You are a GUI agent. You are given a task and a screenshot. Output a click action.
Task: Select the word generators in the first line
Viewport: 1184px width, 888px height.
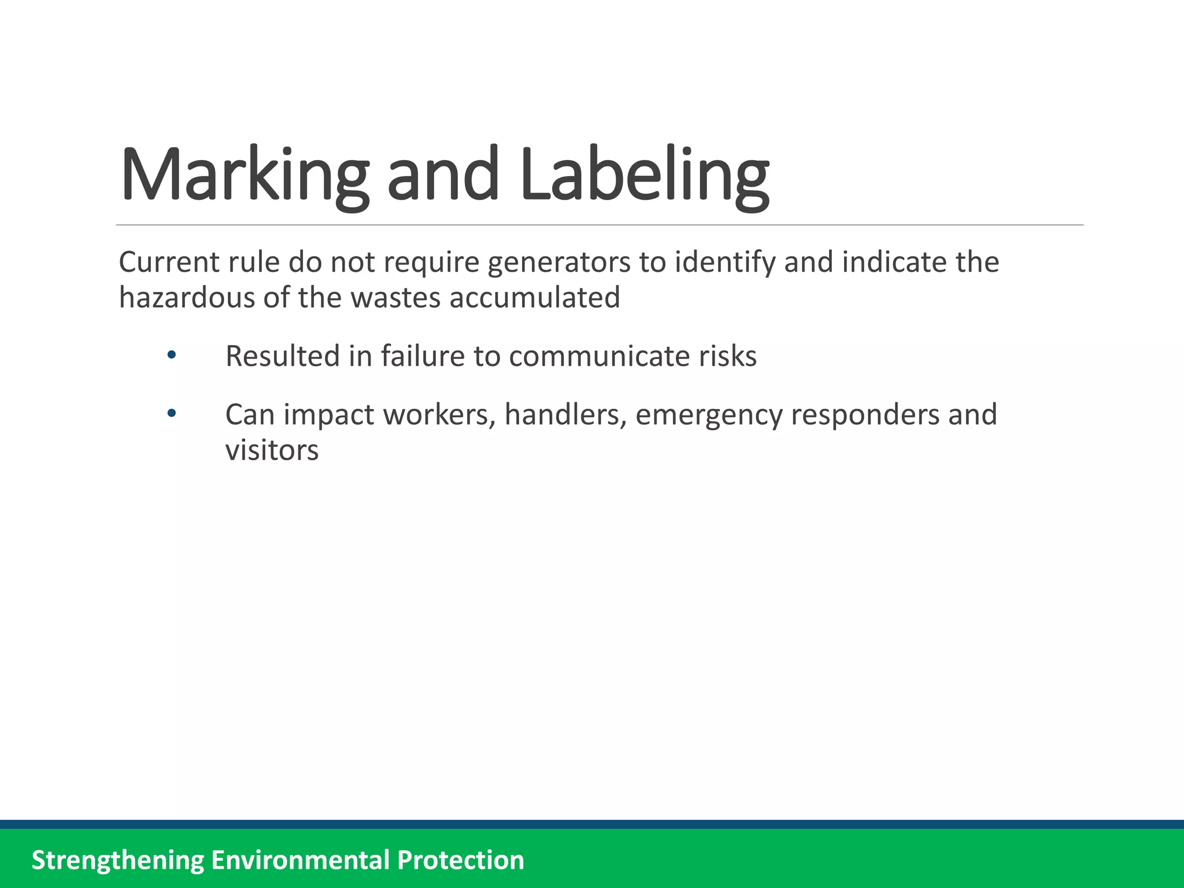[559, 262]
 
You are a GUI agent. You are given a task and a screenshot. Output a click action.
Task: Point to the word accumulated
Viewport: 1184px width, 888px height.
[534, 298]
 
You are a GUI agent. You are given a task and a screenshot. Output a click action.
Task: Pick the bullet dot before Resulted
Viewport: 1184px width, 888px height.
[171, 355]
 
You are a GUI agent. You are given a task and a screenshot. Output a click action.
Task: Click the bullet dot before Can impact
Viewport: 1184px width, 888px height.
[171, 414]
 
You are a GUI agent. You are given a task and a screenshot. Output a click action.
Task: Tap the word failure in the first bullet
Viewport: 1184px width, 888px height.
[423, 356]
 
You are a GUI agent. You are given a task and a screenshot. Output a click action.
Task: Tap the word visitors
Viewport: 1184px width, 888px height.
[272, 450]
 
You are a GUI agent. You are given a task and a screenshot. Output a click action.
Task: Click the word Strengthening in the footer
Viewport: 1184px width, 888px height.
[117, 860]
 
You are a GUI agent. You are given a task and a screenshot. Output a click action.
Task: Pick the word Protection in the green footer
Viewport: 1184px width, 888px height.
[460, 860]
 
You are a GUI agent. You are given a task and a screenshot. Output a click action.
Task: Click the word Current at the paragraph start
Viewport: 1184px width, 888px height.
[169, 262]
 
